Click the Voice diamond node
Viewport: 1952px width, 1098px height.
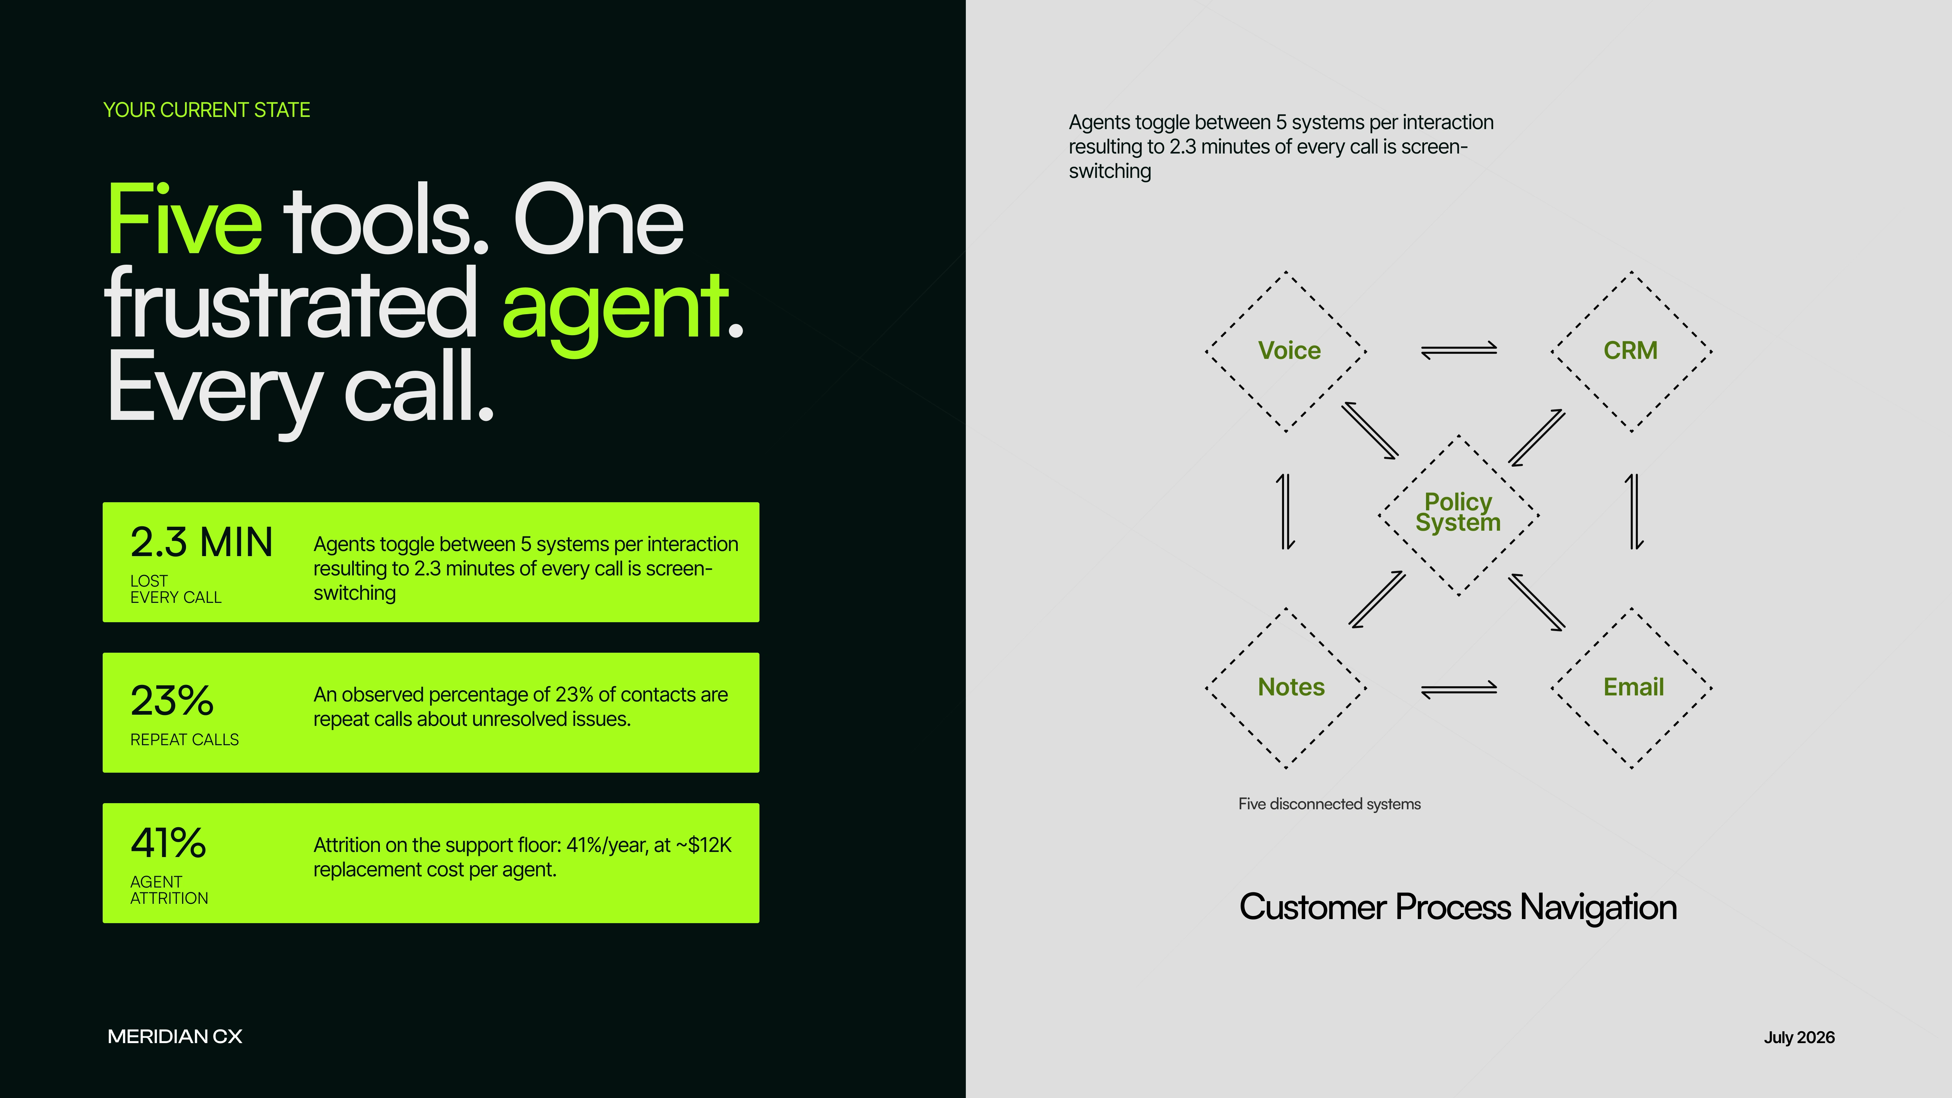(x=1286, y=351)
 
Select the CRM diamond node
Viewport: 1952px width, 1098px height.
(x=1631, y=351)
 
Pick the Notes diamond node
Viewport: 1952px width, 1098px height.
(x=1286, y=687)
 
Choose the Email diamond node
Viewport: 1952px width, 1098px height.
(x=1631, y=687)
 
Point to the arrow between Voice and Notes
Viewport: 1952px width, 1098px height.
(x=1286, y=511)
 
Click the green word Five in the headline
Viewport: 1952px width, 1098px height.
(x=185, y=220)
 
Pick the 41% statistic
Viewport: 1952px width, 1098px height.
(x=168, y=842)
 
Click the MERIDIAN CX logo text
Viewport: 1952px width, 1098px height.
(x=175, y=1037)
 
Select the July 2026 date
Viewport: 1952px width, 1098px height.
(x=1799, y=1037)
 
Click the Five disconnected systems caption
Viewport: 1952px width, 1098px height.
(x=1329, y=804)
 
